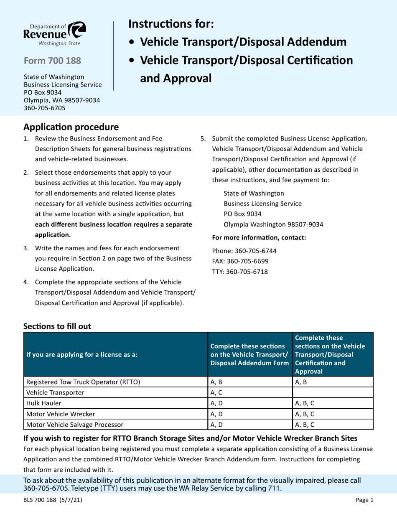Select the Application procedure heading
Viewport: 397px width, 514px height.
click(71, 126)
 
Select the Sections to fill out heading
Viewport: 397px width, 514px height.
click(57, 326)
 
